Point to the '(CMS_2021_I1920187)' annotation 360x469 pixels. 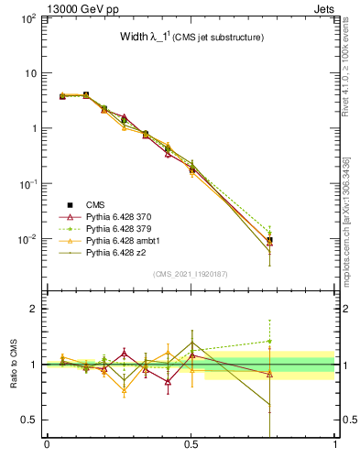191,274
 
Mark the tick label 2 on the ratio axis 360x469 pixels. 33,309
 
